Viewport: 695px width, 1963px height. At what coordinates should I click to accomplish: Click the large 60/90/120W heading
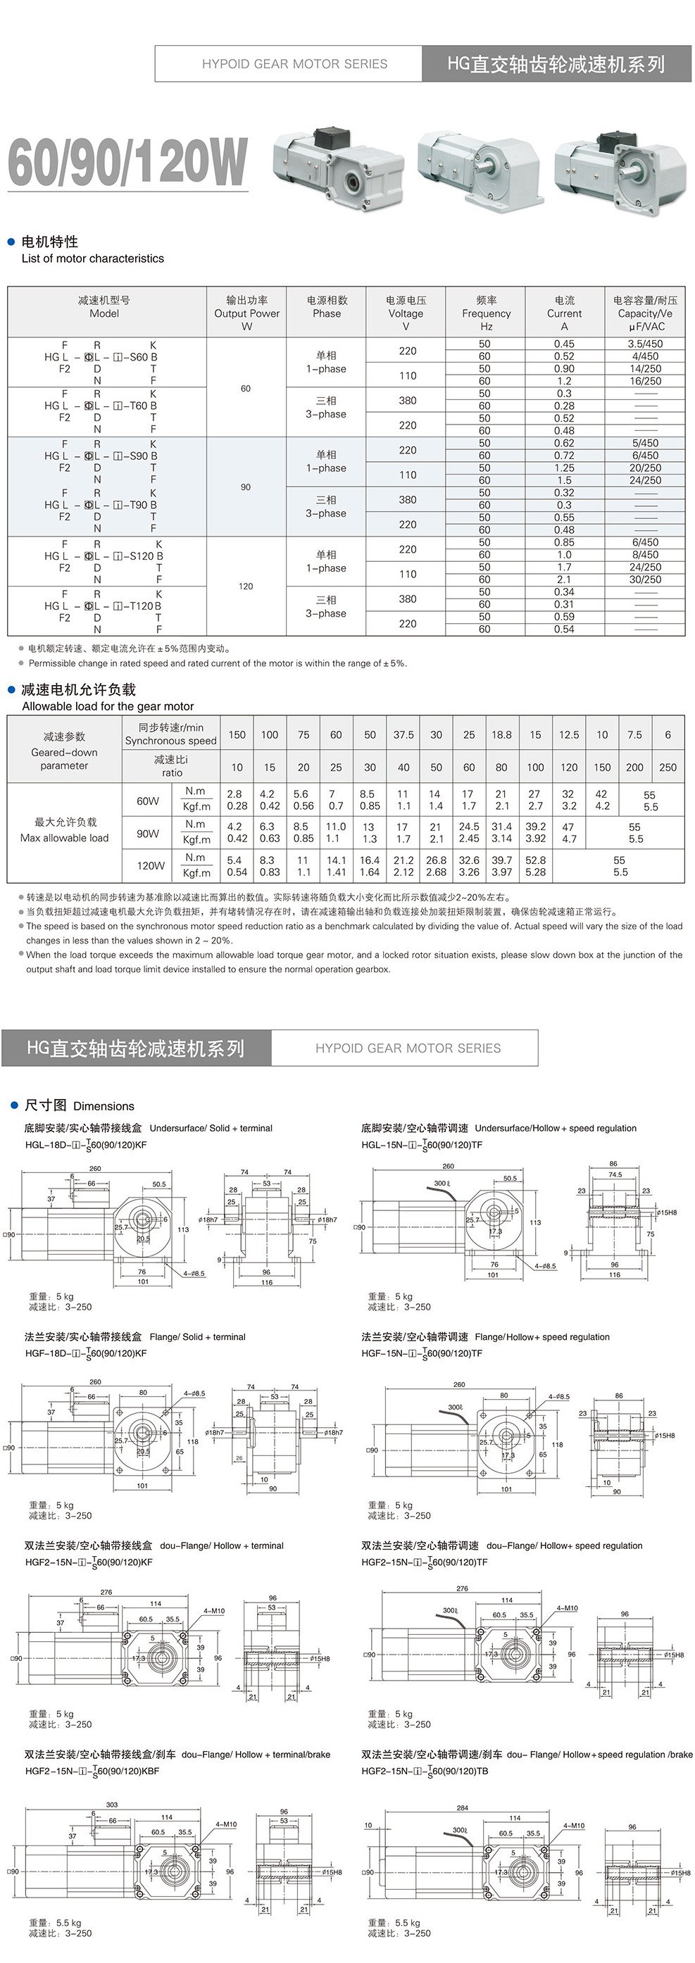(x=127, y=163)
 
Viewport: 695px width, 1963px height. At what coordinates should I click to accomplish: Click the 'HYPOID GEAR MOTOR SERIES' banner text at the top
(x=294, y=64)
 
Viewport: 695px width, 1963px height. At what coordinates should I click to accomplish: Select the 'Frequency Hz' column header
(x=486, y=313)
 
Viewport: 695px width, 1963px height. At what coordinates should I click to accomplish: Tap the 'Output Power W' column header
(x=246, y=313)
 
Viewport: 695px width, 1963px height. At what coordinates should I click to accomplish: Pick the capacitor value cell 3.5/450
(x=645, y=344)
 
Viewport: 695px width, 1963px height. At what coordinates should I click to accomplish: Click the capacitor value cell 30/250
(x=645, y=580)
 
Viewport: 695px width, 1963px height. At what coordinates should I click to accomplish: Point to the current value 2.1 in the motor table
(x=564, y=580)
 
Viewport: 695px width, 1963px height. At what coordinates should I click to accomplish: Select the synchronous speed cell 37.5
(x=403, y=734)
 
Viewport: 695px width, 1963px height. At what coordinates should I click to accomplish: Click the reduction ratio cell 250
(x=668, y=767)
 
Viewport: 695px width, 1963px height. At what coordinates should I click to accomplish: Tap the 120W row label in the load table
(x=150, y=865)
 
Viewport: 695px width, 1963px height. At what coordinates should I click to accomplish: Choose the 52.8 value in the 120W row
(x=535, y=860)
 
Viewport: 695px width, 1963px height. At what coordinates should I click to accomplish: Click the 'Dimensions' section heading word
(x=104, y=1105)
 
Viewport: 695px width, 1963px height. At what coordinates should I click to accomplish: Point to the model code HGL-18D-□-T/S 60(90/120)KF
(x=85, y=1145)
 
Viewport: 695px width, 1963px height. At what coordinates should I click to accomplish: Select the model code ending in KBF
(x=92, y=1771)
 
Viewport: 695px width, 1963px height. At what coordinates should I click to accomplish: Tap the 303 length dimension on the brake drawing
(x=112, y=1805)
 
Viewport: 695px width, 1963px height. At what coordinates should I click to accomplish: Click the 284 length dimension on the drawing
(x=462, y=1807)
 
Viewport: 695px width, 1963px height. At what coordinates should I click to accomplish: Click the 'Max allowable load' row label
(x=65, y=837)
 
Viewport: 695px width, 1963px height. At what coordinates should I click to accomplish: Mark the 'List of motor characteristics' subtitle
(x=92, y=258)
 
